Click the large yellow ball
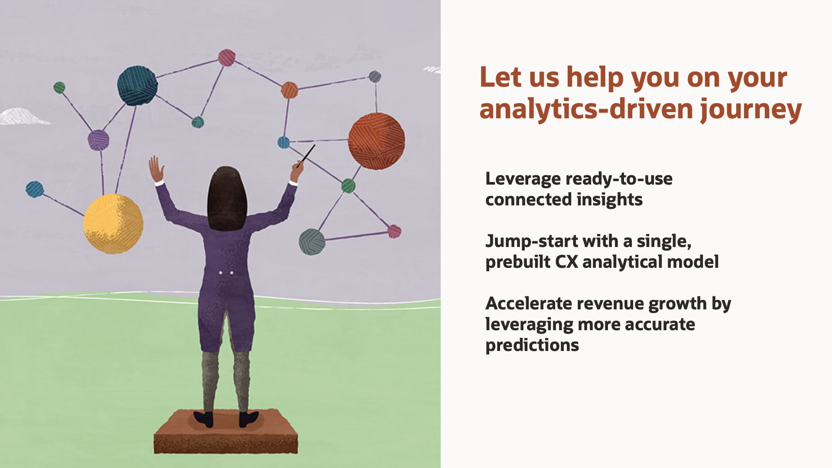coord(113,224)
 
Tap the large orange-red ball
coord(377,141)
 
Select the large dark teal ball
coord(137,85)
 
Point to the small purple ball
coord(98,140)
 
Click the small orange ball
coord(289,90)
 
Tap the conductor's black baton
coord(306,156)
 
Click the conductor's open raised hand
coord(156,169)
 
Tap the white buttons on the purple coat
coord(226,273)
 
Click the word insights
coord(610,200)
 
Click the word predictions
coord(532,345)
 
